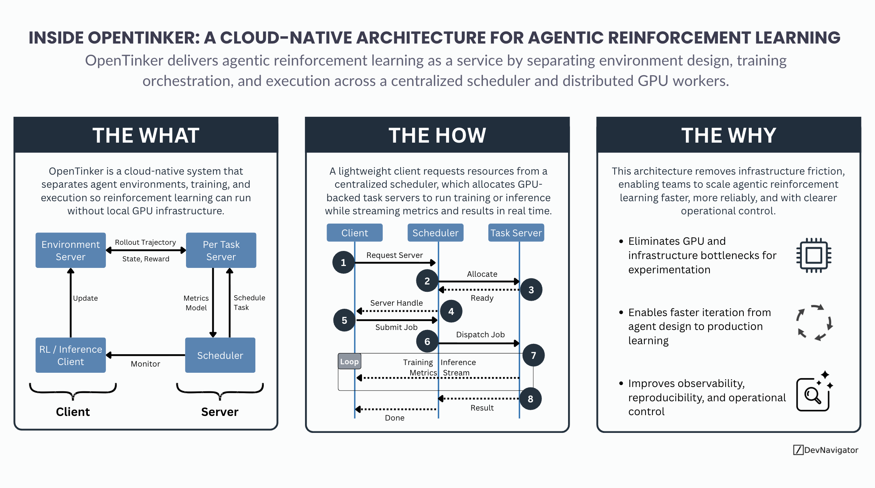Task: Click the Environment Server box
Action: tap(70, 250)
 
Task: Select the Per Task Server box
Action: tap(221, 250)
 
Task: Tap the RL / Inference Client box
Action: tap(70, 355)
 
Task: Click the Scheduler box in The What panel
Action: tap(220, 355)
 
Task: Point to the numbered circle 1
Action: tap(343, 263)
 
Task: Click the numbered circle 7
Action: tap(533, 355)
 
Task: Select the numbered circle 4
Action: tap(451, 311)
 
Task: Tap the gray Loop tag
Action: tap(349, 362)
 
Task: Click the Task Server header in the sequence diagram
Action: tap(516, 233)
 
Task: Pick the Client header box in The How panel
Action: tap(354, 233)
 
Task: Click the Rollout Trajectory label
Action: tap(145, 242)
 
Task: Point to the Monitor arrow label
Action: tap(145, 364)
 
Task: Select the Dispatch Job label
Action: tap(480, 335)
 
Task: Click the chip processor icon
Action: tap(813, 255)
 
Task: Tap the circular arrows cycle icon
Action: tap(814, 323)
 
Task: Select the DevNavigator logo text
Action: tap(830, 450)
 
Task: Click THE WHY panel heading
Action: tap(728, 135)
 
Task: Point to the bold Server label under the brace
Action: tap(220, 412)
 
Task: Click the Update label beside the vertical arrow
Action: tap(85, 298)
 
